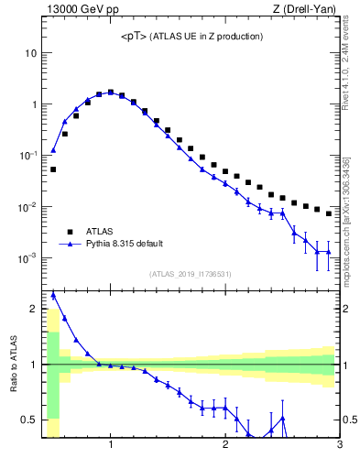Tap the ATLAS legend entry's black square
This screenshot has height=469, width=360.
68,233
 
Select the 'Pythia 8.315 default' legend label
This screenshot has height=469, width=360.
133,245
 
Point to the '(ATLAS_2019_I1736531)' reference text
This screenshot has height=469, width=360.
190,273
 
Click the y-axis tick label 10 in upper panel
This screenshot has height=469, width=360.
30,53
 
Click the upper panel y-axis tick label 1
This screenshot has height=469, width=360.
33,104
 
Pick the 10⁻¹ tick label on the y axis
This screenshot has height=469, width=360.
27,156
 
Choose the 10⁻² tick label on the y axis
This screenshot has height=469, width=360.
27,207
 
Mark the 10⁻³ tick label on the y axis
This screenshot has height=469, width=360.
27,258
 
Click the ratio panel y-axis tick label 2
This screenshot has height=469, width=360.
33,309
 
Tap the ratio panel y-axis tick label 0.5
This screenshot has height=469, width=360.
29,420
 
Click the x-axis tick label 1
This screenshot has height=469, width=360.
111,445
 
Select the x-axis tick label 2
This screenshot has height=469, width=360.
225,445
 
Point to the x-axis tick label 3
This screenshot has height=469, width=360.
339,445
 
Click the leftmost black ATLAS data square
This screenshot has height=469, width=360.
53,169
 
